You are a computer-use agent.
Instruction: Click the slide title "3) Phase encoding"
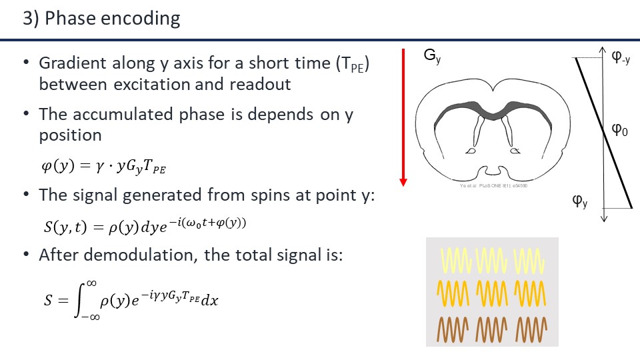101,18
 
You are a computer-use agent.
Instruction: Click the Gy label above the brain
433,57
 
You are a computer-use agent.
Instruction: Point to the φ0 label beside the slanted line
620,129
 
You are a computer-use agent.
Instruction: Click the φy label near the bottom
580,199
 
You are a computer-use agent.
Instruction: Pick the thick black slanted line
603,133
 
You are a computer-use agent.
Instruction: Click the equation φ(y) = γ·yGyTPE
103,167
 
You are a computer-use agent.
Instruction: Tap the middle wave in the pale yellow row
491,260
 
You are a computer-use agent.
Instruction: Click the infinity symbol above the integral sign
93,283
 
